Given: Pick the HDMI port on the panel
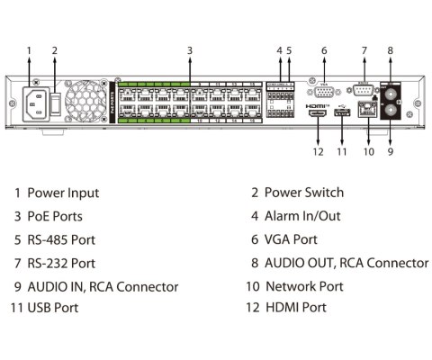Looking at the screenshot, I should tap(318, 114).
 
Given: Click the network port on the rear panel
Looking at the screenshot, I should tap(368, 112).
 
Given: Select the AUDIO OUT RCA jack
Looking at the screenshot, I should tap(391, 93).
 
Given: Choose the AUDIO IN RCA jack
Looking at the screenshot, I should tap(391, 113).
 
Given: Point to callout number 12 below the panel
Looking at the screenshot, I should tap(317, 152).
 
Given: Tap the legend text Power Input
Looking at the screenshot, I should tap(63, 193).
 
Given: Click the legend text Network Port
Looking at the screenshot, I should tap(304, 286).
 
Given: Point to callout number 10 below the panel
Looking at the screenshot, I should tap(368, 152).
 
